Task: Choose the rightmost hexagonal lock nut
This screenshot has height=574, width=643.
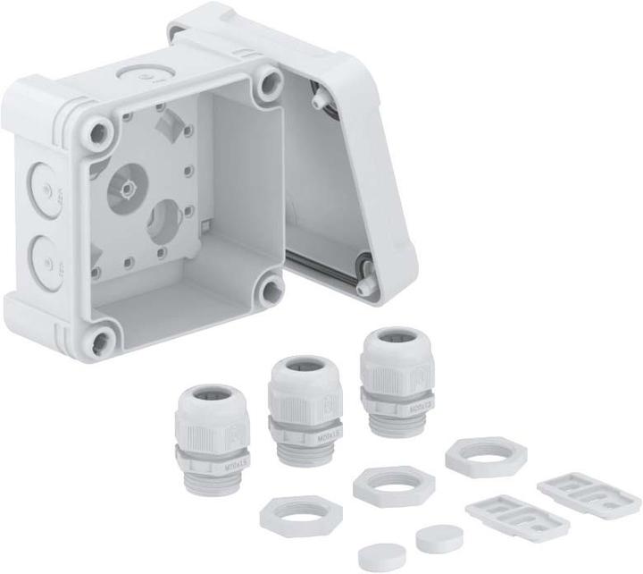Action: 485,455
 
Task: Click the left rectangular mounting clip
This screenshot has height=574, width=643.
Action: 505,515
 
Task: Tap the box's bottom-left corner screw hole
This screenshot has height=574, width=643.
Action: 102,339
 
